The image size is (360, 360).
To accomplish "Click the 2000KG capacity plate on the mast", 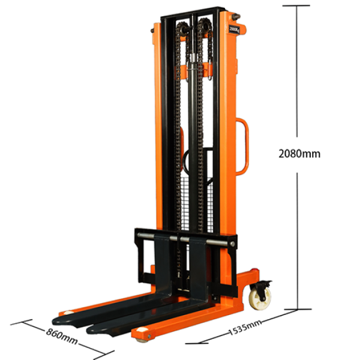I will tap(234, 28).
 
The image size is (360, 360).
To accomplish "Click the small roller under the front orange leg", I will tap(142, 339).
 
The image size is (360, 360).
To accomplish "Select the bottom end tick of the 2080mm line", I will tap(298, 310).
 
